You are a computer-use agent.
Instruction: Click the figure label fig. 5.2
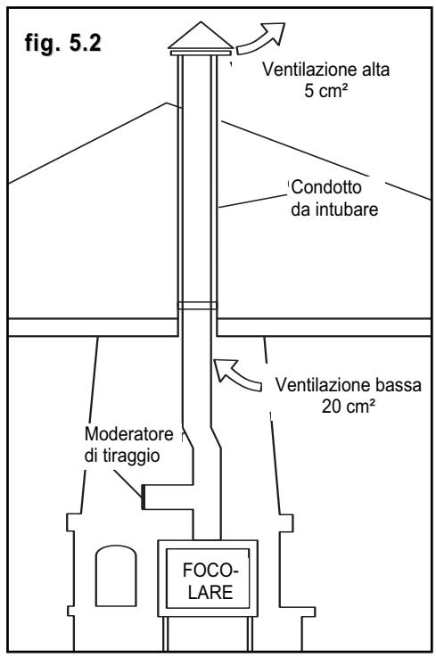pos(63,43)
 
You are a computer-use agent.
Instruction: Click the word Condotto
pos(326,187)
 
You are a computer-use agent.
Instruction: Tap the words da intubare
pos(334,209)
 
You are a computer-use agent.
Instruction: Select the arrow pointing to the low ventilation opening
pos(237,374)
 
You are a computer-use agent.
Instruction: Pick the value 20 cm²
pos(348,406)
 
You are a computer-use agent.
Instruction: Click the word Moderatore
pos(128,433)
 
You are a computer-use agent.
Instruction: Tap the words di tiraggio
pos(122,456)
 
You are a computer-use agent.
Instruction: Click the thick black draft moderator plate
pos(143,497)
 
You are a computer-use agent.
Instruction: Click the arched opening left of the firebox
pos(116,576)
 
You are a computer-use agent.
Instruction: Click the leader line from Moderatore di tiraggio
pos(128,482)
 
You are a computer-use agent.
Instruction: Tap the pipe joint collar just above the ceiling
pos(197,306)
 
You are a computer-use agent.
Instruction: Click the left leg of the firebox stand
pos(165,633)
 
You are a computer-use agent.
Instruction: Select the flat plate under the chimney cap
pos(201,53)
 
